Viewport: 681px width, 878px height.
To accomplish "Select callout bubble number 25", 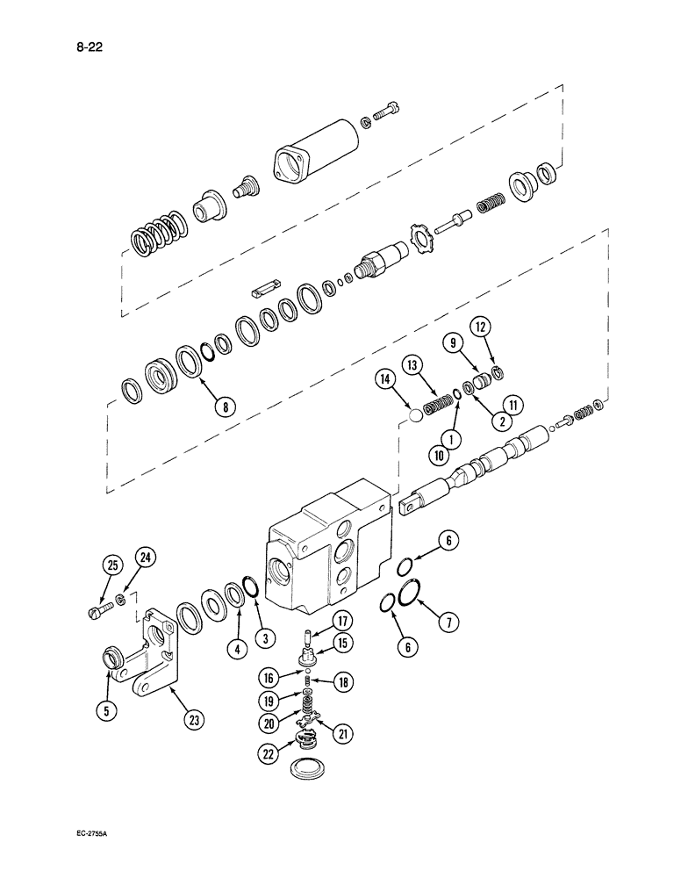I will [x=111, y=566].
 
